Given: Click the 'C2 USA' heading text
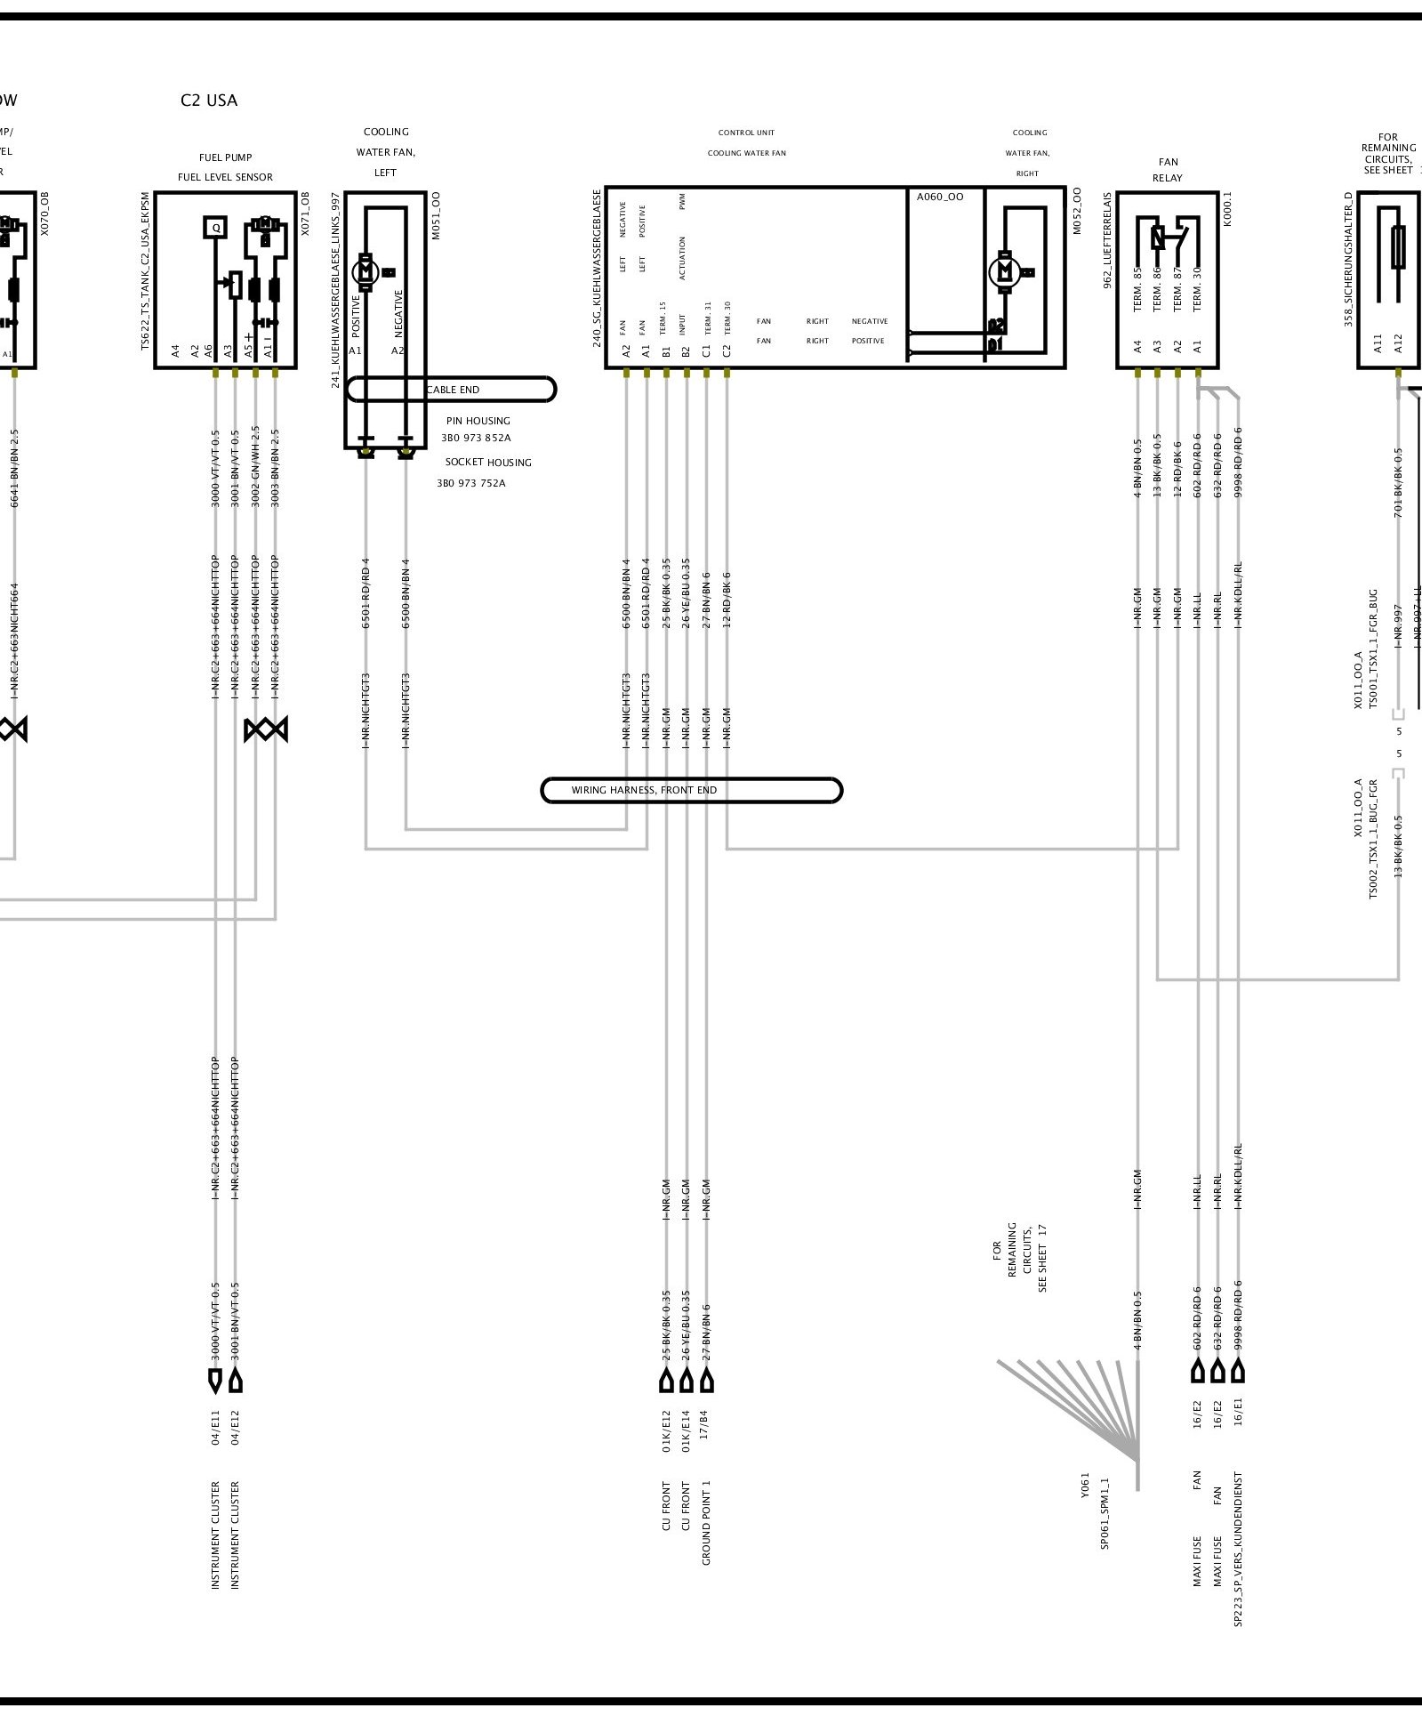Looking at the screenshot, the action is tap(209, 101).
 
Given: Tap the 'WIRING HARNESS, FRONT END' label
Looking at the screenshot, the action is tap(644, 790).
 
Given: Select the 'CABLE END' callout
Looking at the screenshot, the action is tap(453, 390).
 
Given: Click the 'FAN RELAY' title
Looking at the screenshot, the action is tap(1168, 170).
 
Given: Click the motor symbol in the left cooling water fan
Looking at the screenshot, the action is tap(366, 270).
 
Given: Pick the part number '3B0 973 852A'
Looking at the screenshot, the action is tap(476, 439).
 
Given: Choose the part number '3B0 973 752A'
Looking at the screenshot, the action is tap(470, 484).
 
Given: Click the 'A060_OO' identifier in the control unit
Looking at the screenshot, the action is tap(940, 197).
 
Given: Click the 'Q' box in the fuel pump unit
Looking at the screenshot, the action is tap(215, 228).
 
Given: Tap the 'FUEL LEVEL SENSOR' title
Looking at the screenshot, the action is tap(225, 177).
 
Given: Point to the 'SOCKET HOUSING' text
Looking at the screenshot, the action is tap(488, 463).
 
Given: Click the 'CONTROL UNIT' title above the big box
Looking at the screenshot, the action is tap(747, 133).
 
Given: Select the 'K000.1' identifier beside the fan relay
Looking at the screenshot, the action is tap(1228, 212).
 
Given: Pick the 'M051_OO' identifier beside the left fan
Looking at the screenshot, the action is tap(436, 216).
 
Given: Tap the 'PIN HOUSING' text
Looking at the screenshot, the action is tap(478, 421).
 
